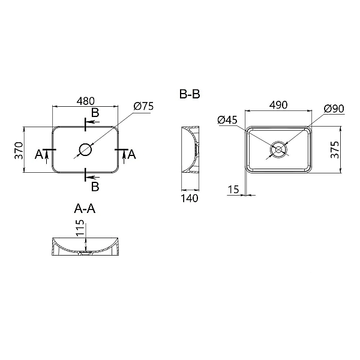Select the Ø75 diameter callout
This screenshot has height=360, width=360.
144,106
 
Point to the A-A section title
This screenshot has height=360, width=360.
85,209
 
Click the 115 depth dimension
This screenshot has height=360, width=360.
79,230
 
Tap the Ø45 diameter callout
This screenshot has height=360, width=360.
228,120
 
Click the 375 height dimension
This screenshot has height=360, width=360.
337,150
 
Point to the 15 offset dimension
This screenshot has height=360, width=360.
234,190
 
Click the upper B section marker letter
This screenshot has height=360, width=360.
95,113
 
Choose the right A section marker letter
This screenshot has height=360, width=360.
132,155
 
